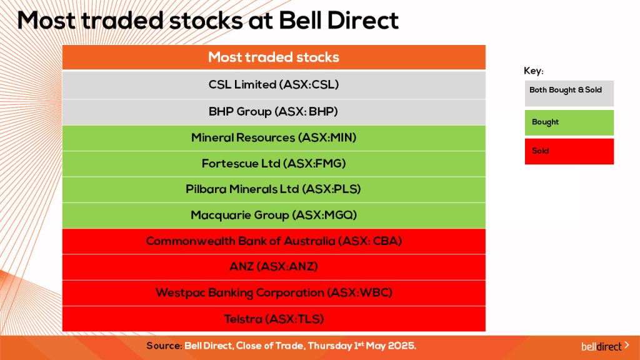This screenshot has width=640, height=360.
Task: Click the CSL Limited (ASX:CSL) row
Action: (x=274, y=84)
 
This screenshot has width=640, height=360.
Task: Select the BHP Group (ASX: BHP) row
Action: (x=274, y=112)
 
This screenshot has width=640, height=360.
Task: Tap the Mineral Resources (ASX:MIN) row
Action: (x=274, y=137)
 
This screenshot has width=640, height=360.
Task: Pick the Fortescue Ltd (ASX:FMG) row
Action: (x=274, y=164)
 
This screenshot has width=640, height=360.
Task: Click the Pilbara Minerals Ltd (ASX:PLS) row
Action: (x=274, y=189)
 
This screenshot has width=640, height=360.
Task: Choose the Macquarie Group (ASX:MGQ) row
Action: (x=274, y=215)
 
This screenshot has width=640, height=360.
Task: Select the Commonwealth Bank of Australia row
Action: (x=274, y=241)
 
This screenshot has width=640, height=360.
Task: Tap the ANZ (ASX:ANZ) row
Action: (x=274, y=267)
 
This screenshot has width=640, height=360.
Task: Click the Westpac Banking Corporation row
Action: (x=274, y=292)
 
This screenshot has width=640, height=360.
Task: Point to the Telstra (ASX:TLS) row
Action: (x=274, y=319)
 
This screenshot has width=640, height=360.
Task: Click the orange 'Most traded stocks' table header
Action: (x=274, y=57)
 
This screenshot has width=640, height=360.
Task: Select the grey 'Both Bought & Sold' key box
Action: (x=569, y=92)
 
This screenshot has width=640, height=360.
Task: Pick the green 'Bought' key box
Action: (x=569, y=122)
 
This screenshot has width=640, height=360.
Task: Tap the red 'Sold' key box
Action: (x=569, y=151)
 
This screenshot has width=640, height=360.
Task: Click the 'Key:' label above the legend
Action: (x=533, y=71)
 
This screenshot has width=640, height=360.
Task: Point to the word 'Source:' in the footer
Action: (x=164, y=346)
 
